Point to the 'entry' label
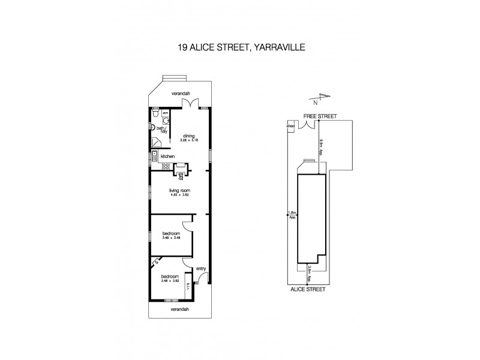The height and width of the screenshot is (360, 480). (201, 268)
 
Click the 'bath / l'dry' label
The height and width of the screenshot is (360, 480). (161, 129)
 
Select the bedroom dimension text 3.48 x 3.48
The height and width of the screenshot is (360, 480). (172, 238)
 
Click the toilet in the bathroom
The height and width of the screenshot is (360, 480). (155, 113)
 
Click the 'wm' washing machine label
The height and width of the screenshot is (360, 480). (166, 112)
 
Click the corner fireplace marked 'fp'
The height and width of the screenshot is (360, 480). (155, 262)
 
